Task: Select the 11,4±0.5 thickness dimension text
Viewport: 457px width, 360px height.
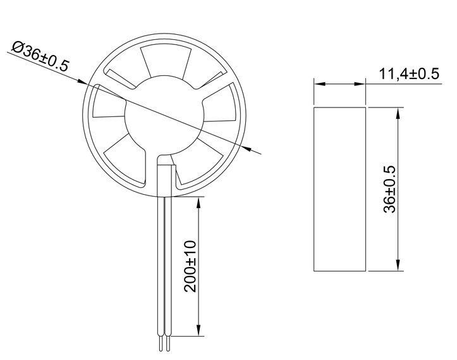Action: coord(408,74)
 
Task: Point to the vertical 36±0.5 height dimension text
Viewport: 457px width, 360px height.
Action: coord(389,189)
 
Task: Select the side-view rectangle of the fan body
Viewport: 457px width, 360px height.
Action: coord(340,189)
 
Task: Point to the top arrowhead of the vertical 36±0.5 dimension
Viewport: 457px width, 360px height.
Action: coord(398,113)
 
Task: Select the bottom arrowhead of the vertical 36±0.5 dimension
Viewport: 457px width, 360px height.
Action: coord(398,265)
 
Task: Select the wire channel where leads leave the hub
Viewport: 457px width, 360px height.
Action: coord(164,174)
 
